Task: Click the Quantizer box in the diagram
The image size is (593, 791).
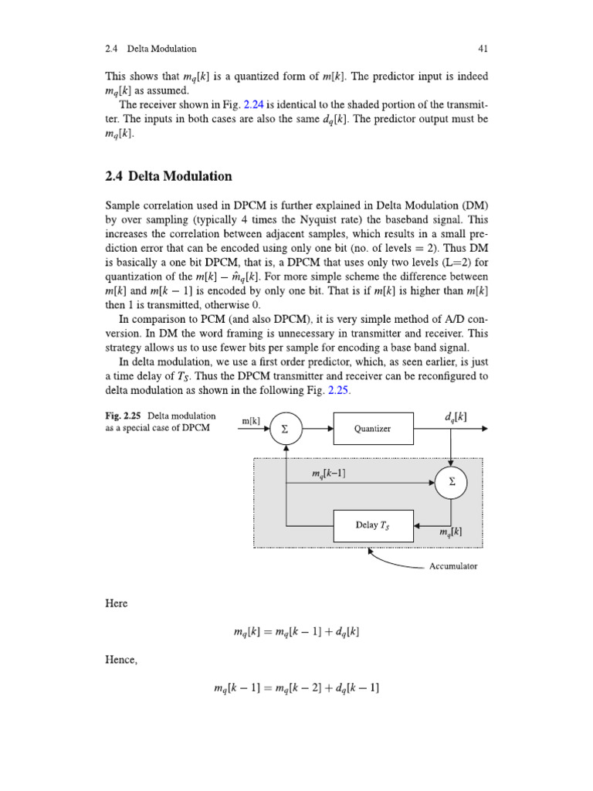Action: [x=372, y=429]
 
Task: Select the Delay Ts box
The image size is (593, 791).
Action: [x=372, y=525]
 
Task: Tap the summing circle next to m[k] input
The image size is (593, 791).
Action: [x=286, y=429]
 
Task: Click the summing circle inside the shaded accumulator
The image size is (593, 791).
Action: [x=452, y=482]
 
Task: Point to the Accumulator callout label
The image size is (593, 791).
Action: [x=453, y=566]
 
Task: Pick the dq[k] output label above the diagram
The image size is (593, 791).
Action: [x=456, y=417]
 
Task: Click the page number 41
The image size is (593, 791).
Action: [x=483, y=49]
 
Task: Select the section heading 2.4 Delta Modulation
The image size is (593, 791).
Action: [x=168, y=176]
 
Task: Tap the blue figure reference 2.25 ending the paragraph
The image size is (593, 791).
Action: [x=338, y=391]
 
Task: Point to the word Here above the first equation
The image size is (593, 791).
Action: [x=116, y=603]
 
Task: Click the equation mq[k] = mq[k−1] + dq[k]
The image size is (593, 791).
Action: [x=296, y=632]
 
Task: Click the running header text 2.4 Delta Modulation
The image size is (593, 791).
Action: [x=151, y=49]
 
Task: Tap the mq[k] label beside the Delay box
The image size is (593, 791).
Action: [x=450, y=533]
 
